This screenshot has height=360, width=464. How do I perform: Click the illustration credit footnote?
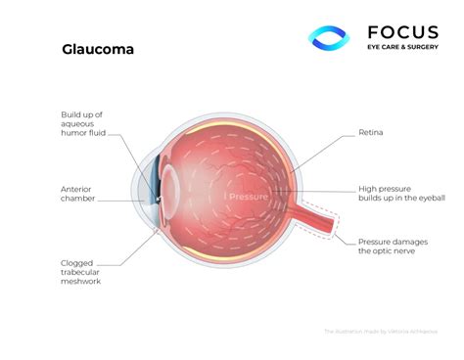coord(381,332)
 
